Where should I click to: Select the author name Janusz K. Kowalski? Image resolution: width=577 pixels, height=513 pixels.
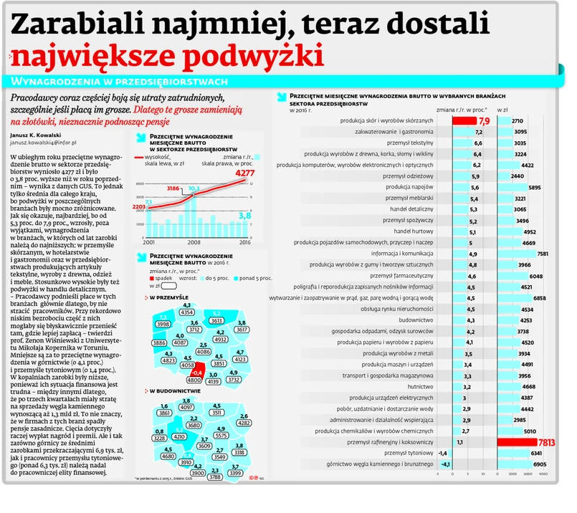tap(36, 134)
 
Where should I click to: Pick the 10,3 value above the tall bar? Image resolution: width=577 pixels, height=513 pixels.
tap(194, 190)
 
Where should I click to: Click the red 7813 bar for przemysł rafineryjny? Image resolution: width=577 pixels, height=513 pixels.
tap(530, 443)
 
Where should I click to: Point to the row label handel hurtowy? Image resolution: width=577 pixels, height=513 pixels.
tap(414, 232)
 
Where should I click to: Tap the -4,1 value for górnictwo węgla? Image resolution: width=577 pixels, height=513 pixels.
tap(445, 464)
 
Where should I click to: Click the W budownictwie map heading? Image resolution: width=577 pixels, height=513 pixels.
tap(173, 390)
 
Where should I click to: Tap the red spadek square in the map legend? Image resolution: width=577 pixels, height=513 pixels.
tap(153, 278)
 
